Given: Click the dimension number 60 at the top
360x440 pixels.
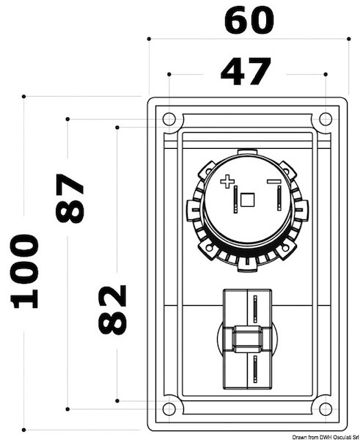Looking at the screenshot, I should click(249, 21).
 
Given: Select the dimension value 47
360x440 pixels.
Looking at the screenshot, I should click(246, 72).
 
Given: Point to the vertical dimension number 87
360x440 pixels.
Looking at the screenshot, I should click(70, 198).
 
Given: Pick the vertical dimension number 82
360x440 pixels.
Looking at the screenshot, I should click(112, 309).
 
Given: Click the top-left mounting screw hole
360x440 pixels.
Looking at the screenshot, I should click(169, 119).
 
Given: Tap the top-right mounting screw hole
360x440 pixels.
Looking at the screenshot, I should click(326, 119).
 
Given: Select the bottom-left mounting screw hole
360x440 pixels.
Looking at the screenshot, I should click(169, 408).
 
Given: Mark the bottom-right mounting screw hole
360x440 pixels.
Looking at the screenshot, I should click(326, 408).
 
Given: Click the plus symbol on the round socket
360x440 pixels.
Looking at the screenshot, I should click(227, 180).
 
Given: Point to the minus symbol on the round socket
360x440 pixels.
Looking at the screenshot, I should click(273, 180).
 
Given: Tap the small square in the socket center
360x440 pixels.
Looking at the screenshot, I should click(248, 199).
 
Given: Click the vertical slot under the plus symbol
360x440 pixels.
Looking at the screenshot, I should click(235, 199).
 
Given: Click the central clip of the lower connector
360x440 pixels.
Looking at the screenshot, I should click(247, 340).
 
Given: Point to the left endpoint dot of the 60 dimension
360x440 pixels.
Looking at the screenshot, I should click(149, 38).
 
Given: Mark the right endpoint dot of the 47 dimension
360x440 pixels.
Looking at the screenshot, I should click(325, 74).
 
